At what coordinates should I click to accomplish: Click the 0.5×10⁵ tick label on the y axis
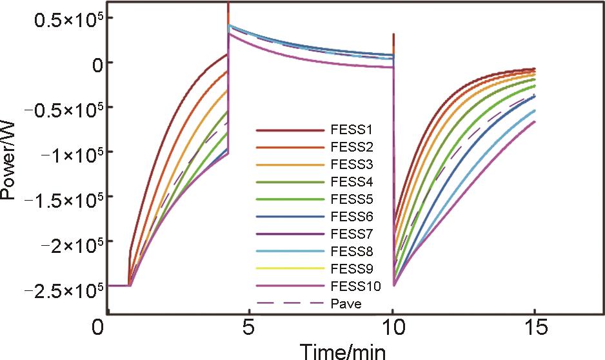63,19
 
